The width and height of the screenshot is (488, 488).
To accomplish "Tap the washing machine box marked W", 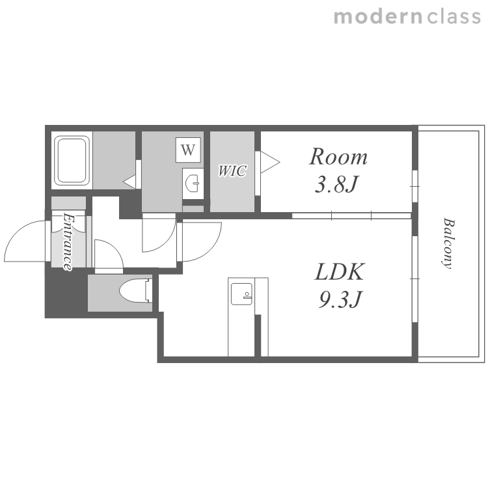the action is (x=188, y=150).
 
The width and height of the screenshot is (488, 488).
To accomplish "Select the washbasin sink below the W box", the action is (x=193, y=183).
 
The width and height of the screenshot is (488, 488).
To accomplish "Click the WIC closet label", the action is (x=232, y=171).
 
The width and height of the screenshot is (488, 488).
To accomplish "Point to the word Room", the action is (x=338, y=157).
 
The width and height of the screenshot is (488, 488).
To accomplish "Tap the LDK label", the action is (x=339, y=272).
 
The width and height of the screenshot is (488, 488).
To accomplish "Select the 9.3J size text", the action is (x=340, y=299).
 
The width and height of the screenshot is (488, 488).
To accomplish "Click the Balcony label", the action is (x=448, y=243).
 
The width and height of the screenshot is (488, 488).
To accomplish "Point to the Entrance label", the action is (x=68, y=241).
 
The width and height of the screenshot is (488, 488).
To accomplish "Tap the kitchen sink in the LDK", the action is (x=241, y=294).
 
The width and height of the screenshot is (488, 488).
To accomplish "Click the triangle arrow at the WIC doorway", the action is (x=270, y=162).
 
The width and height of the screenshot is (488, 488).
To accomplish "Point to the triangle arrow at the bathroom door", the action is (x=129, y=182).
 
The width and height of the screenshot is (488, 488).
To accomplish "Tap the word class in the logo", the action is (x=454, y=17).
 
